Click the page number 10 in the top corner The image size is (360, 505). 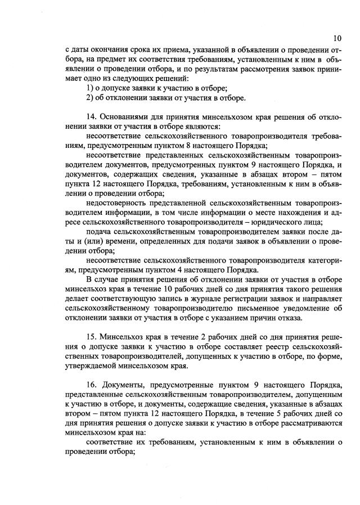coord(336,38)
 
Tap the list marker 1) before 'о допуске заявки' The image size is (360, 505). coord(90,88)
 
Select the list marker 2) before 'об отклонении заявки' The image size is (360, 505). coord(90,98)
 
